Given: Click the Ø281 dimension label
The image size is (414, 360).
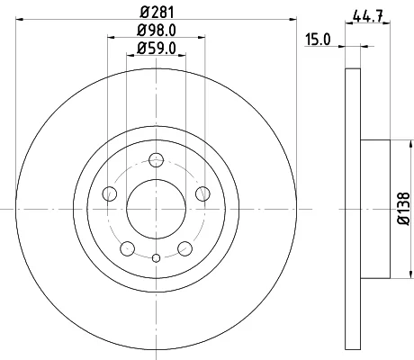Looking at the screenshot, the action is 157,13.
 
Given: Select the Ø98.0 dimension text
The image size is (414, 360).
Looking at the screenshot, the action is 157,30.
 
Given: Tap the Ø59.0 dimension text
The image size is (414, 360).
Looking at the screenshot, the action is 157,48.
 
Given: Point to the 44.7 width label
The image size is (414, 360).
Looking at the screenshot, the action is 368,16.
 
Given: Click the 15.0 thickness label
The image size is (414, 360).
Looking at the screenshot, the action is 318,40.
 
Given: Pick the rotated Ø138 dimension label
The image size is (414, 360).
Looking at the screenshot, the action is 403,209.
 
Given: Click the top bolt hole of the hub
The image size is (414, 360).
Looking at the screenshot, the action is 157,159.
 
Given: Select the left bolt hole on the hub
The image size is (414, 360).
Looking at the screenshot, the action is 110,193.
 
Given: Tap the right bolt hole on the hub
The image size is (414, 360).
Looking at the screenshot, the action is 202,193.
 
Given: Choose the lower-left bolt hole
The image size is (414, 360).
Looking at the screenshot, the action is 128,248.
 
